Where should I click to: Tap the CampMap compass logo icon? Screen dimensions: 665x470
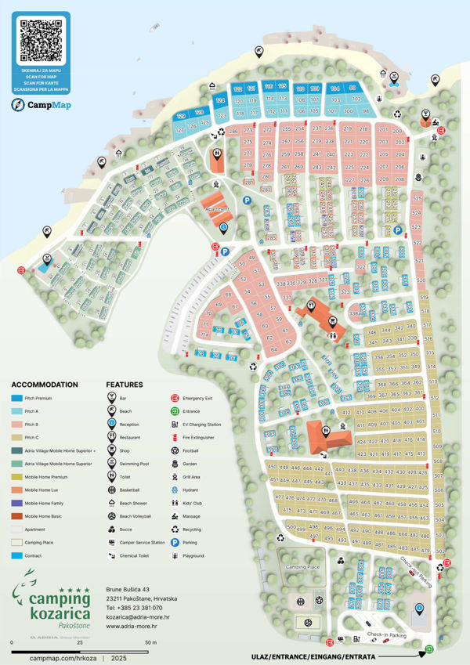[18, 104]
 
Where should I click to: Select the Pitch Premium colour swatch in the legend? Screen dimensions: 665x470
[16, 398]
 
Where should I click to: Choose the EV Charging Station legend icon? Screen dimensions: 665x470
[176, 424]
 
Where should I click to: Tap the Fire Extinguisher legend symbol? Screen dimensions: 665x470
[176, 437]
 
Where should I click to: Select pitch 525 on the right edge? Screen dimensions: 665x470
[416, 199]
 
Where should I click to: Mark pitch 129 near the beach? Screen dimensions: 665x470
[181, 116]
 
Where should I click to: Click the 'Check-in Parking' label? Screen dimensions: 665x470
[385, 634]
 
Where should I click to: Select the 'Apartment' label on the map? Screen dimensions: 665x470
[217, 209]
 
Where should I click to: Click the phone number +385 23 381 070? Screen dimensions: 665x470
[135, 608]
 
